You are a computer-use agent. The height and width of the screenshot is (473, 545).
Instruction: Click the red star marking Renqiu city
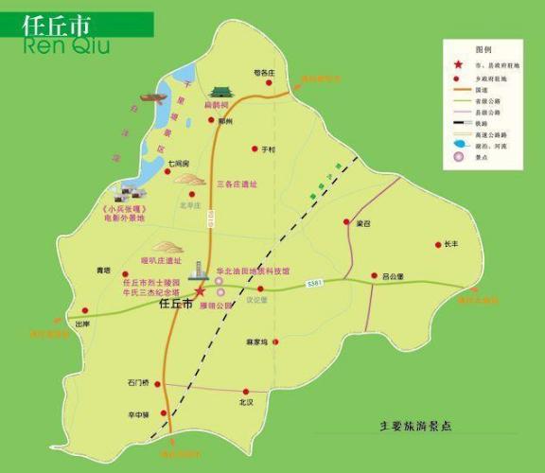tap(200, 291)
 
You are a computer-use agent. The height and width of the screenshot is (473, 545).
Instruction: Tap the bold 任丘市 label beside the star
tap(175, 305)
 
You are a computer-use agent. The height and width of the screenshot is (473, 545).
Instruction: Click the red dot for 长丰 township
tap(437, 245)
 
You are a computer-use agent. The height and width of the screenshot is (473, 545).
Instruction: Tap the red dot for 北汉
tap(246, 390)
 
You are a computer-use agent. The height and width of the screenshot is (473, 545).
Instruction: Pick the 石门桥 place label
tap(137, 383)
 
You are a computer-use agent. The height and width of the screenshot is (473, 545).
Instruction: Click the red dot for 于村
tap(255, 149)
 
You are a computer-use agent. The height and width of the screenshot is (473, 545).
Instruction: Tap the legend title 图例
tap(484, 47)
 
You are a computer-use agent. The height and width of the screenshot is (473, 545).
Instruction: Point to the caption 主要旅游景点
tap(415, 427)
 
